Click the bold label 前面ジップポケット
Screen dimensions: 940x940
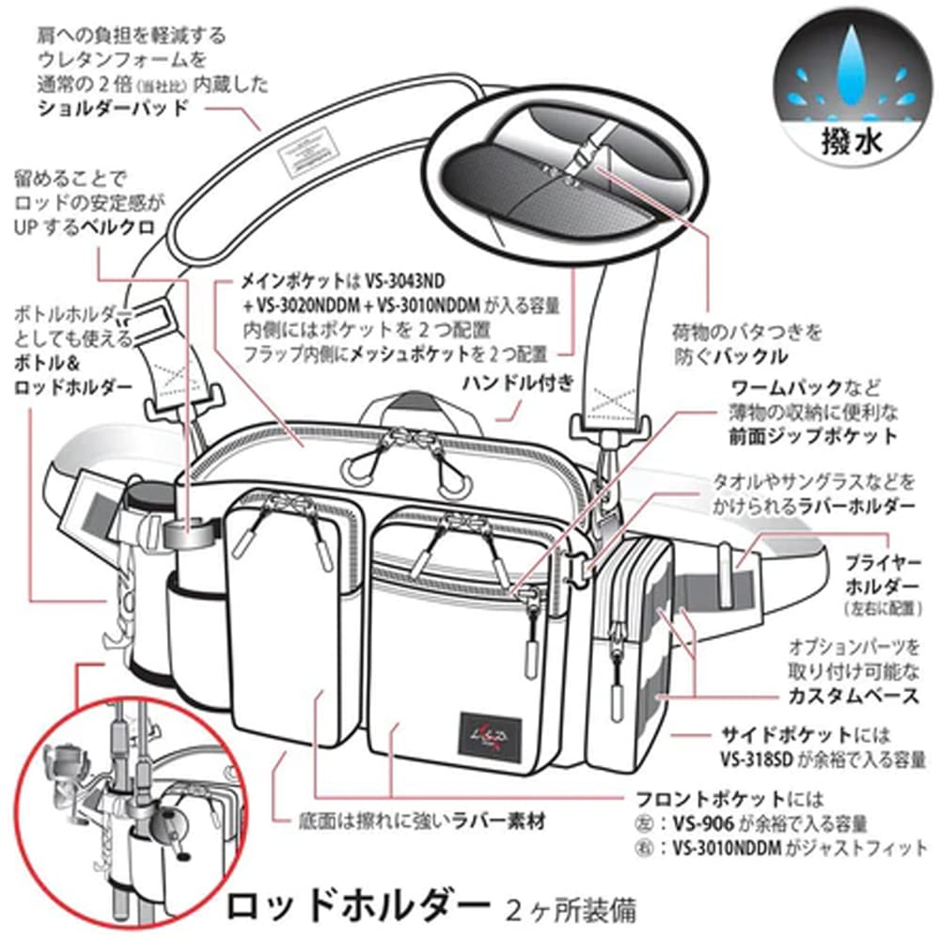coord(812,436)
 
